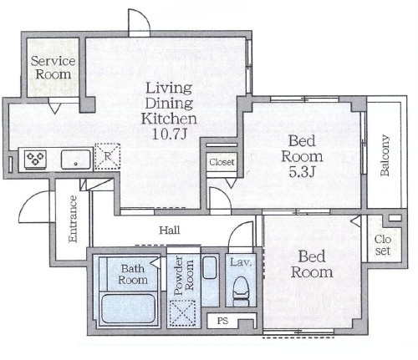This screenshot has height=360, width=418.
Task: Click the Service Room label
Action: coord(53,68)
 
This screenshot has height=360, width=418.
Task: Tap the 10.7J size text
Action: coord(169,134)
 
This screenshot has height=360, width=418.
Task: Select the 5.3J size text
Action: coord(302,172)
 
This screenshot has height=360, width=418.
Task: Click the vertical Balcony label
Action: coord(385,155)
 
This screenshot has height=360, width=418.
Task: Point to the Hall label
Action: coord(170,231)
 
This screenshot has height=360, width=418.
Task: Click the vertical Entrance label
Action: coord(73,219)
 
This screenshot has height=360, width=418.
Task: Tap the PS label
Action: coord(222,321)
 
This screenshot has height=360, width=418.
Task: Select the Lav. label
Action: coord(241,262)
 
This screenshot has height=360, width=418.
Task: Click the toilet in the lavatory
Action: coord(241,292)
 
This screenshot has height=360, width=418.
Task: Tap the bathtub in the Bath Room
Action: coord(129,308)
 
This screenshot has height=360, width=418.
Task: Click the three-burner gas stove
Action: coord(35,159)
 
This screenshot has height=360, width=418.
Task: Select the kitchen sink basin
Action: coord(76,159)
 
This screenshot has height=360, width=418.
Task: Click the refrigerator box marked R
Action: coord(107,156)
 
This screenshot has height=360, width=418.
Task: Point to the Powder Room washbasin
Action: coord(210,267)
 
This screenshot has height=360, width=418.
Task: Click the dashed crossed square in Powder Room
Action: coord(182,313)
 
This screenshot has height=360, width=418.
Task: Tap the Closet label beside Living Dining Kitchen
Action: coord(222,162)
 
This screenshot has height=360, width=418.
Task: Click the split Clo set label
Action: coord(383,245)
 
